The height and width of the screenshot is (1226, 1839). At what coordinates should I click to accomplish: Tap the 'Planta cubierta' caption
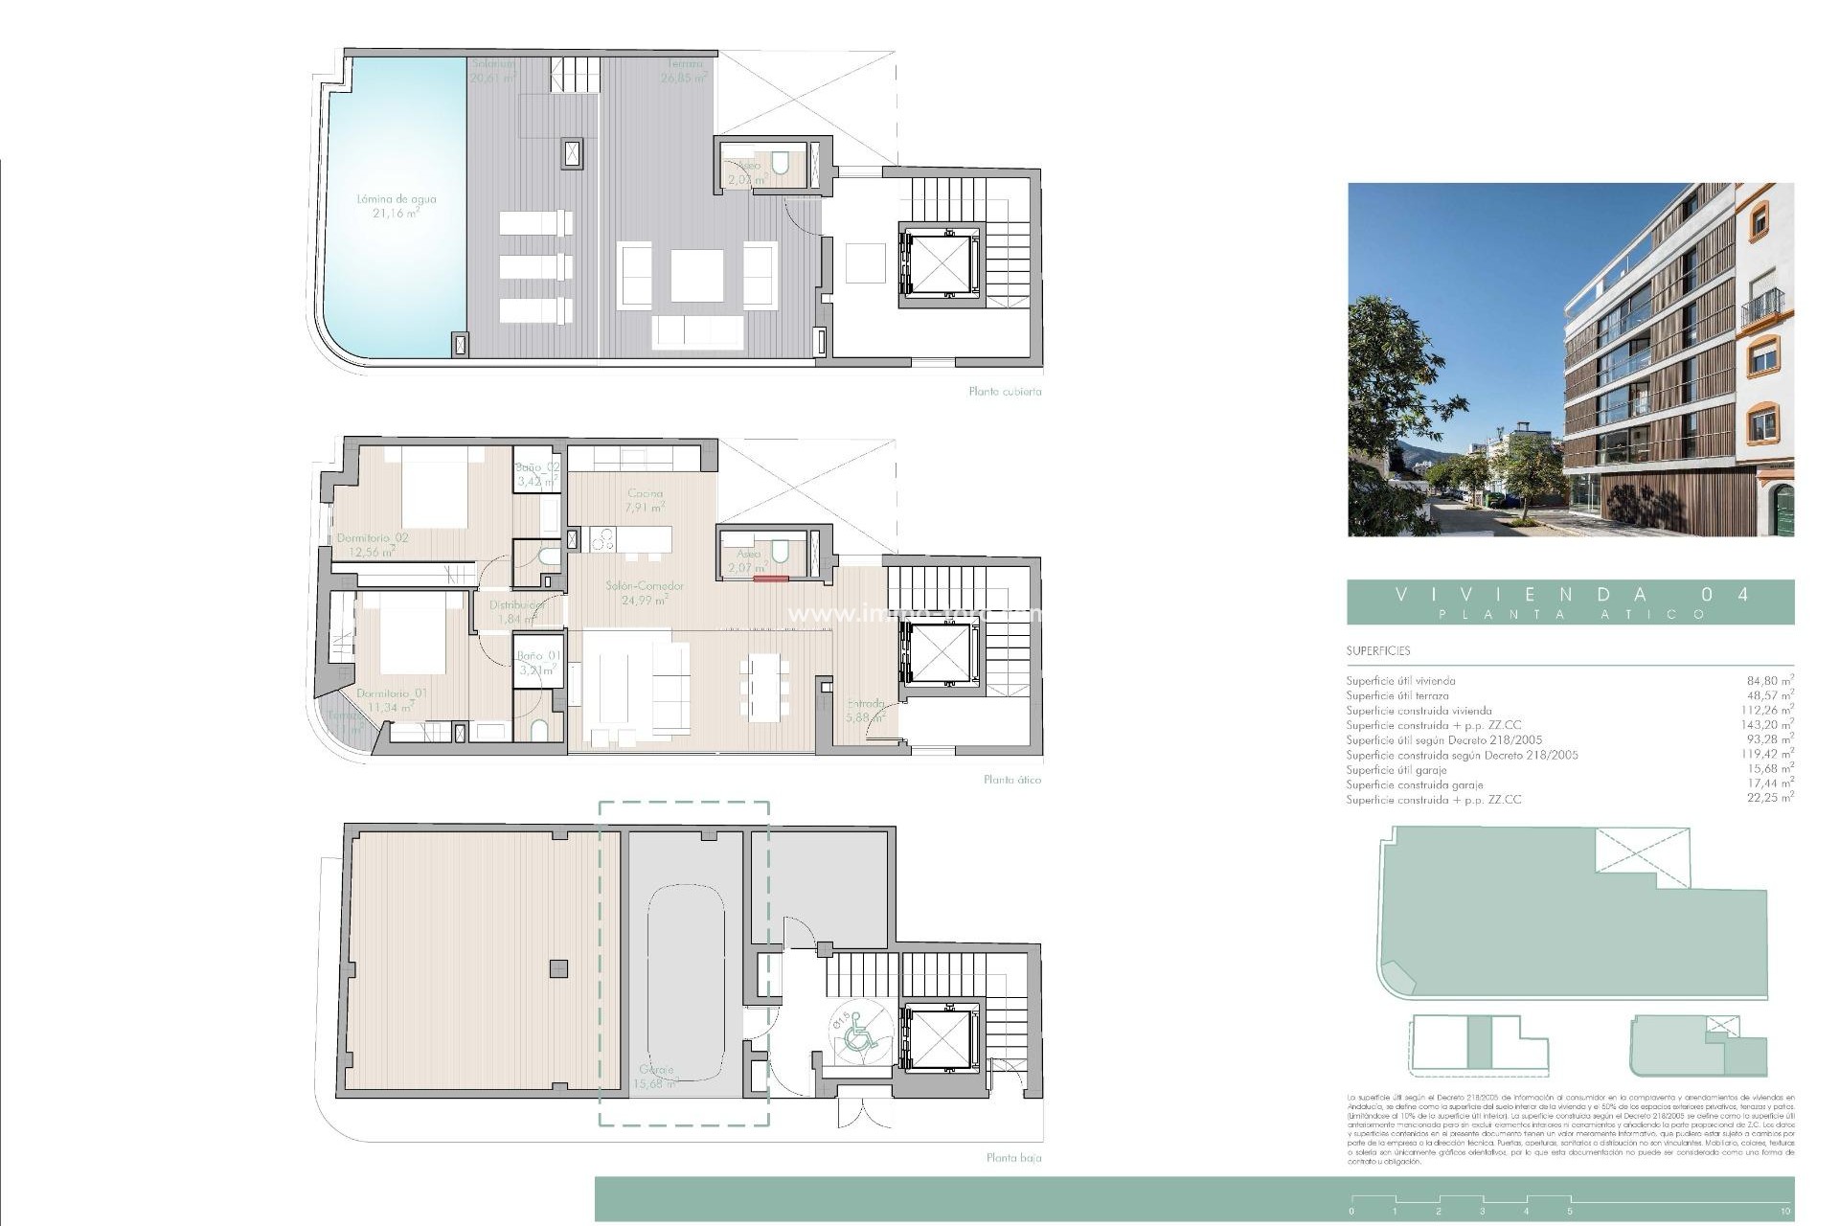click(x=1005, y=392)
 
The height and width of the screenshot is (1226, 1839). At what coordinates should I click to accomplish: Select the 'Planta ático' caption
click(x=1011, y=780)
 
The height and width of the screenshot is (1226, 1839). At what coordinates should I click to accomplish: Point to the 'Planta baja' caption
click(x=1013, y=1158)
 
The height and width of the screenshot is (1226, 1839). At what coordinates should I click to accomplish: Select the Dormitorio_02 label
click(x=372, y=544)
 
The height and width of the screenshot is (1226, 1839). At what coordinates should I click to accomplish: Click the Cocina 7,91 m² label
click(x=644, y=500)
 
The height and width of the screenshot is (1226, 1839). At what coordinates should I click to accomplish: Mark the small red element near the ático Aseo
click(x=770, y=579)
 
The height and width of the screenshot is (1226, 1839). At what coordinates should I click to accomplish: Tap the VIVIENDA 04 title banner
click(x=1570, y=602)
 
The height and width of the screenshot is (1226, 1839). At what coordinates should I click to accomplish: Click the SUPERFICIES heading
click(x=1377, y=651)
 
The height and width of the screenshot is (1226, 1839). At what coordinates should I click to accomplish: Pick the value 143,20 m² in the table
click(x=1767, y=725)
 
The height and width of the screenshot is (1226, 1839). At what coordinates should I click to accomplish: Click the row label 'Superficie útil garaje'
click(x=1396, y=770)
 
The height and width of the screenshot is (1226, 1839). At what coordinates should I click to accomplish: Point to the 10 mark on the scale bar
click(x=1784, y=1212)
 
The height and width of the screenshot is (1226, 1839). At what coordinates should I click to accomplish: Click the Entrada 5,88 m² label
click(x=865, y=709)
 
